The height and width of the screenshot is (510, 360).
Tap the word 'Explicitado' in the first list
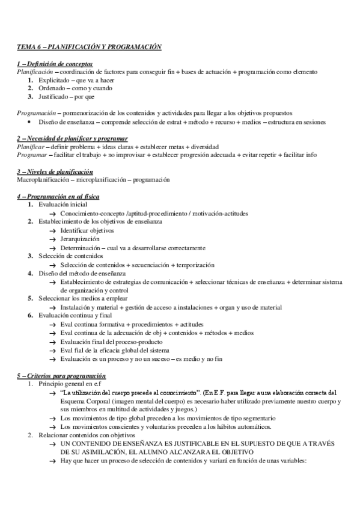(55, 80)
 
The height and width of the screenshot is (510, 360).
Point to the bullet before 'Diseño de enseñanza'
(32, 121)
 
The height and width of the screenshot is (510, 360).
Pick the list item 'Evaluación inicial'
(62, 205)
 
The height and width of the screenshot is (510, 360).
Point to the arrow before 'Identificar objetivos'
(53, 230)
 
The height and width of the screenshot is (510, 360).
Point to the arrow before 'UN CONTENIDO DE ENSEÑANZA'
(53, 443)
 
